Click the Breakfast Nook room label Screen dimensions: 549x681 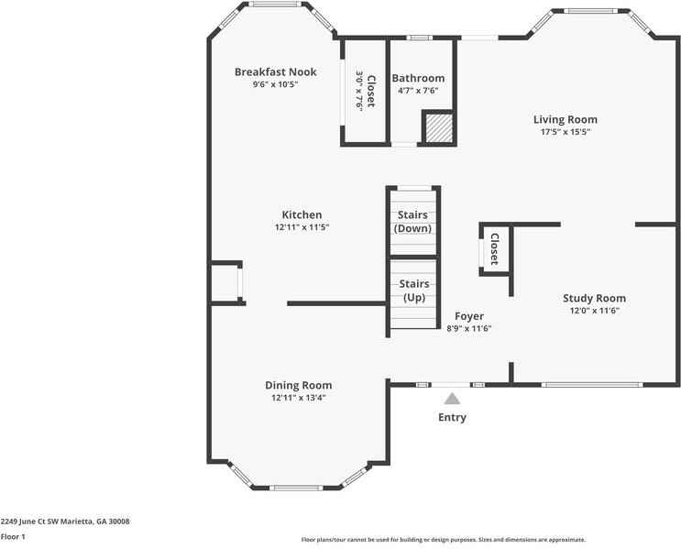coord(275,71)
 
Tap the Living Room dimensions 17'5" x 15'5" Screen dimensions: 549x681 coord(565,132)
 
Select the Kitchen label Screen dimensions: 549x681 coord(302,214)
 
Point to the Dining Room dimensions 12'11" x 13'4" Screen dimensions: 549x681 coord(298,398)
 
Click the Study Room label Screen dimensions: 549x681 coord(594,298)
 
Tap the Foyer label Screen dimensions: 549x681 coord(469,316)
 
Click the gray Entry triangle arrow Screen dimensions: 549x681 coord(451,398)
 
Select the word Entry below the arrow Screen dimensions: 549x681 coord(452,418)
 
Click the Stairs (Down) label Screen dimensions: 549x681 coord(412,222)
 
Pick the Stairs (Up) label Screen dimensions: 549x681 coord(414,291)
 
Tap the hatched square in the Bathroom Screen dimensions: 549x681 coord(437,127)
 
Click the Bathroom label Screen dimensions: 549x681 coord(418,78)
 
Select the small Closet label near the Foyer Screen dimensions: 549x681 coord(494,248)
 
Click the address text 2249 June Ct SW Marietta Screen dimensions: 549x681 coord(65,522)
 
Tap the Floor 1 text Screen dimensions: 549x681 coord(13,536)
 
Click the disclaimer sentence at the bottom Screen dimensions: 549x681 coord(443,540)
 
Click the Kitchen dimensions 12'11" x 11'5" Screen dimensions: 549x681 coord(302,227)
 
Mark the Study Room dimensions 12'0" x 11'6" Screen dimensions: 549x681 coord(594,311)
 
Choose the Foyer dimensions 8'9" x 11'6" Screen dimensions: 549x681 coord(469,328)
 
